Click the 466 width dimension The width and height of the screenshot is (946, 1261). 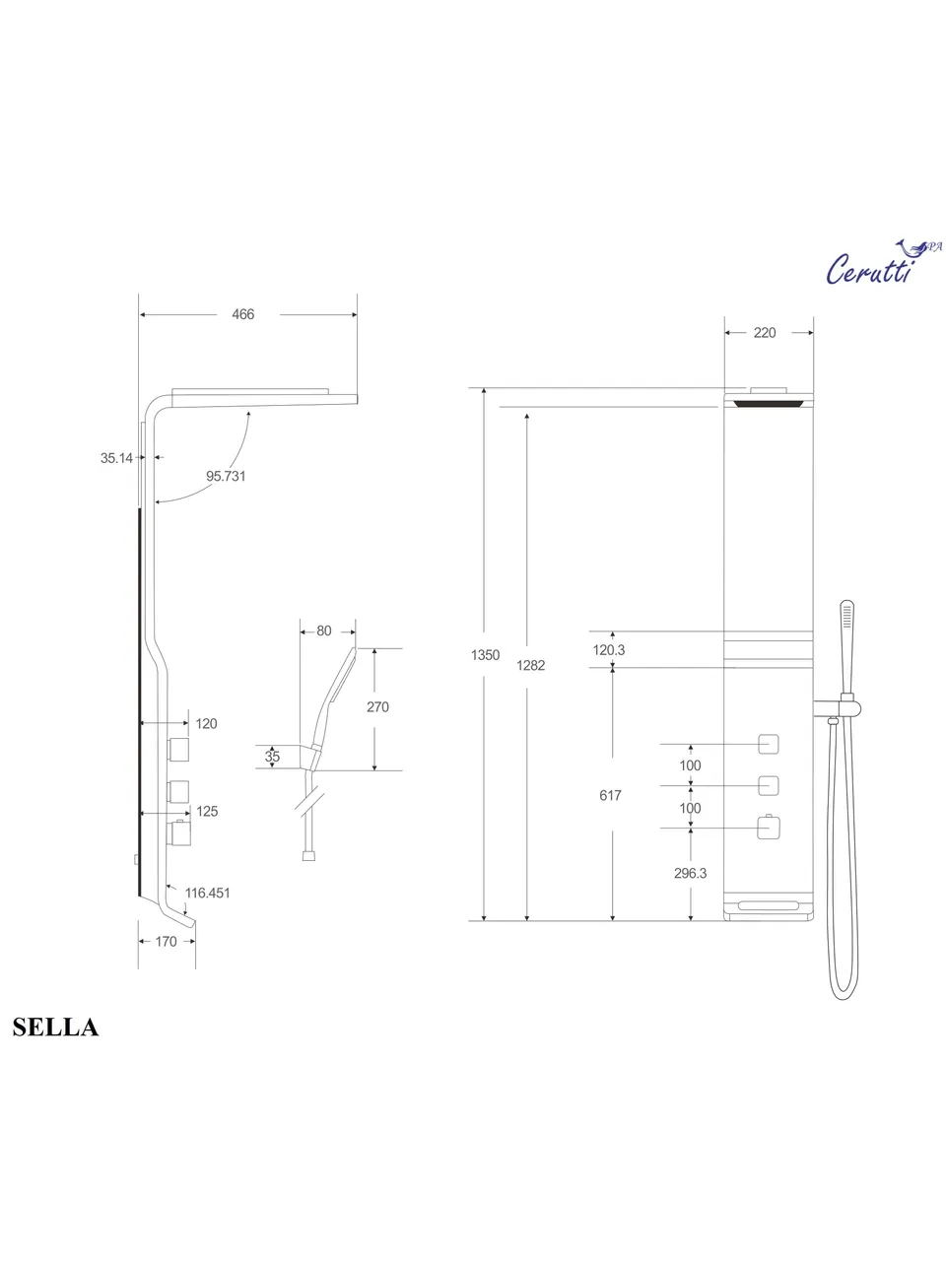[242, 314]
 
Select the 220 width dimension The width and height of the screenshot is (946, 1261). [765, 333]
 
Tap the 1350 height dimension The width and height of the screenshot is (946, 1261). [485, 655]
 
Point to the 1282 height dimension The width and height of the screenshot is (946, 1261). [530, 665]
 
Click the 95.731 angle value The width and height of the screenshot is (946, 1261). [226, 476]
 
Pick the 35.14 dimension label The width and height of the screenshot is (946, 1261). [116, 458]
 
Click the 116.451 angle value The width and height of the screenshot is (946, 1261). [207, 893]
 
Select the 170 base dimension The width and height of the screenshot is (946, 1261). [166, 942]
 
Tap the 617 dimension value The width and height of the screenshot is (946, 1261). [610, 795]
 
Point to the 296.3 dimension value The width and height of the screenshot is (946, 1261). [690, 873]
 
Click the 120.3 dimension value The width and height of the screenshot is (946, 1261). [609, 650]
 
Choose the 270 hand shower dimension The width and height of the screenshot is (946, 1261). [377, 706]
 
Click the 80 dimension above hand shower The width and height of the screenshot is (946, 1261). [324, 631]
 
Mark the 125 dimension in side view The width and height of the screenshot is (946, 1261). [207, 812]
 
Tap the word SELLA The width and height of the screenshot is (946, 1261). [55, 1028]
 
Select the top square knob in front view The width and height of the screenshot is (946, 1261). [769, 745]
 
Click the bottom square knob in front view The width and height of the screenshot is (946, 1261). [769, 828]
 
